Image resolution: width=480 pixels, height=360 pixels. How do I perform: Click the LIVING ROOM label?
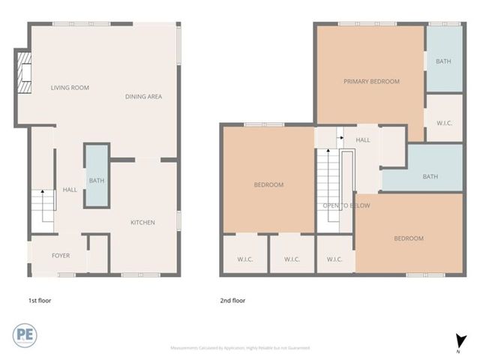click(70, 88)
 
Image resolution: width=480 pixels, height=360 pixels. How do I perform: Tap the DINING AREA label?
click(143, 97)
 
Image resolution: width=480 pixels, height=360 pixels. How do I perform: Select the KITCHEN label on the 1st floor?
click(142, 222)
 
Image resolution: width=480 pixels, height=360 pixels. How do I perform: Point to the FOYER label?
click(61, 256)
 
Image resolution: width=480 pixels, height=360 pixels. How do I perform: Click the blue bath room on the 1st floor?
click(96, 180)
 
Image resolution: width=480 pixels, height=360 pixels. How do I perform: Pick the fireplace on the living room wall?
click(25, 73)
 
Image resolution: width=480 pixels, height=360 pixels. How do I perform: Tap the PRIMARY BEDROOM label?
click(371, 82)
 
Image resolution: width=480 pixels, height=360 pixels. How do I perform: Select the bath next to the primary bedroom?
click(444, 61)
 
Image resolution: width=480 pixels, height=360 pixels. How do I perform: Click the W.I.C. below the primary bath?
click(444, 122)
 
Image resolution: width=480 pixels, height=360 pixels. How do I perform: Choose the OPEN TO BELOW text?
click(343, 205)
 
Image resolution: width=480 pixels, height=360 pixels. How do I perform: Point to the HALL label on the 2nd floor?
click(363, 139)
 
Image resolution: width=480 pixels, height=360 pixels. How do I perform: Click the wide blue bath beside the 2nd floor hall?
click(430, 177)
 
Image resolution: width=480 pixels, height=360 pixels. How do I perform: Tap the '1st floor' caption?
click(39, 301)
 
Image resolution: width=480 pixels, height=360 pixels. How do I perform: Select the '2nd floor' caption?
click(232, 301)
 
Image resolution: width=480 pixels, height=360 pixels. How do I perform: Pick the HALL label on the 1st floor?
click(70, 190)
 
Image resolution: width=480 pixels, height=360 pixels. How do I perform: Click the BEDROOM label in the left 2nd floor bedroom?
click(268, 184)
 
